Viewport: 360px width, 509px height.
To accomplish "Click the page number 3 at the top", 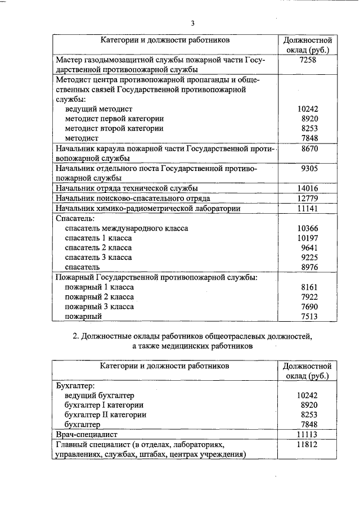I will [x=192, y=24].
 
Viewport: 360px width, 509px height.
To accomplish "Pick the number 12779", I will [x=307, y=198].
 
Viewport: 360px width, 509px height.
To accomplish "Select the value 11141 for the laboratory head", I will [x=307, y=208].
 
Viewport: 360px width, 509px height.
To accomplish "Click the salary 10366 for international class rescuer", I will [x=307, y=228].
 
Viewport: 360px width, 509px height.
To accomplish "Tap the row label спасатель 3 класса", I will [x=98, y=257].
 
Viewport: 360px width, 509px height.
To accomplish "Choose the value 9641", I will [x=309, y=247].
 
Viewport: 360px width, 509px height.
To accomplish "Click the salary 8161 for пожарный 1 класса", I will [x=309, y=287].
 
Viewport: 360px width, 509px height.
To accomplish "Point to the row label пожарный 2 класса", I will [x=99, y=297].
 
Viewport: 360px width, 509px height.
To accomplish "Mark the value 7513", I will [x=309, y=317].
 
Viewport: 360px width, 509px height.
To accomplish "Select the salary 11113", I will [x=307, y=435].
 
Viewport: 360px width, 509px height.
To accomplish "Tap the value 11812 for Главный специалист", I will [x=307, y=444].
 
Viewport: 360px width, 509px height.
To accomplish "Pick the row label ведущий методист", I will [x=98, y=109].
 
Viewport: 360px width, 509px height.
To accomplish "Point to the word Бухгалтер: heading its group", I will [x=75, y=386].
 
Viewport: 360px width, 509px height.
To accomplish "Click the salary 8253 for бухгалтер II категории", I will [x=309, y=415].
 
